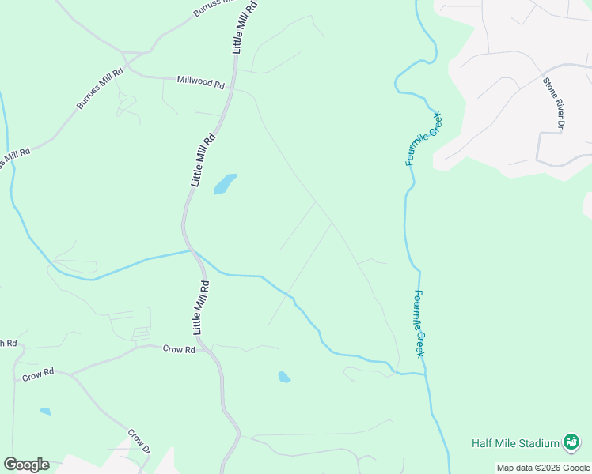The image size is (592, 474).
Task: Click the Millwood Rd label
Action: [x=201, y=81]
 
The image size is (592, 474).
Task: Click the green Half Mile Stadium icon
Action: [x=571, y=442]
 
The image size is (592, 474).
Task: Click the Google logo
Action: [x=26, y=465]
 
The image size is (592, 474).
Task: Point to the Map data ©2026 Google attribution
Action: [x=543, y=468]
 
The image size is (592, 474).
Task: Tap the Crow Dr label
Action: [x=139, y=441]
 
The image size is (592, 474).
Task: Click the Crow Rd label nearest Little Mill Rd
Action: [x=179, y=348]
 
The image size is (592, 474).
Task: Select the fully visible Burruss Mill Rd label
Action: [x=100, y=88]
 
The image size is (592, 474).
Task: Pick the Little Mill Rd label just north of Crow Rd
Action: [x=201, y=306]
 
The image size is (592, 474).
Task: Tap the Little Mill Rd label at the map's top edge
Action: [x=245, y=26]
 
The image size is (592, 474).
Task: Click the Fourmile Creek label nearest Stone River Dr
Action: [x=423, y=138]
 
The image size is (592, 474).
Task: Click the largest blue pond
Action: [x=225, y=183]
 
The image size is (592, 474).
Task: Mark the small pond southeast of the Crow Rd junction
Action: [x=284, y=377]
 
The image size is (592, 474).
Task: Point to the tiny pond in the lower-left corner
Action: [x=45, y=412]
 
